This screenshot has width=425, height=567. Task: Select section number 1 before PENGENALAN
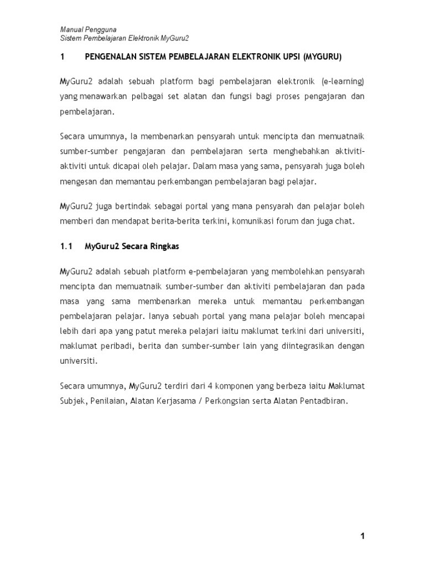pyautogui.click(x=63, y=56)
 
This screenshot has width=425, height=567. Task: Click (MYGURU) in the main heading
pyautogui.click(x=322, y=56)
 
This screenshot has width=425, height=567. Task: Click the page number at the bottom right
pyautogui.click(x=362, y=535)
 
